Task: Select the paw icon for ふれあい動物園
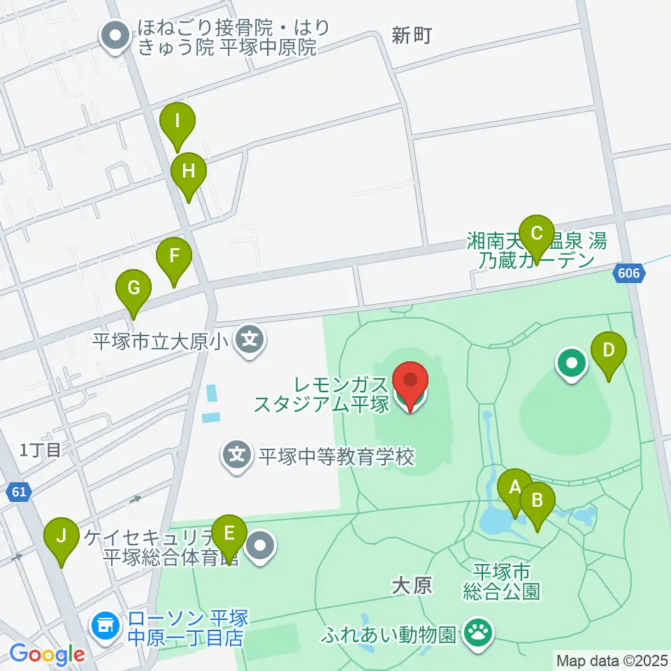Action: (x=479, y=635)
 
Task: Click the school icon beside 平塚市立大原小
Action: (x=249, y=342)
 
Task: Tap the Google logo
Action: (x=47, y=654)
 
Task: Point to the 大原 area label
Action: (x=412, y=586)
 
